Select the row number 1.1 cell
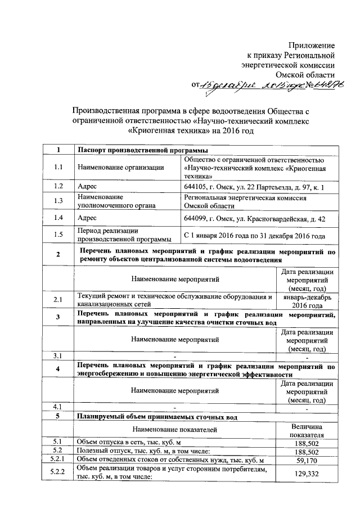click(58, 167)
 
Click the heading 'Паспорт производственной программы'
click(141, 150)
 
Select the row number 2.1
click(58, 300)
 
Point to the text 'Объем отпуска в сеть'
click(112, 442)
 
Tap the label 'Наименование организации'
click(121, 167)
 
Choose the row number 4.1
click(58, 406)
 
